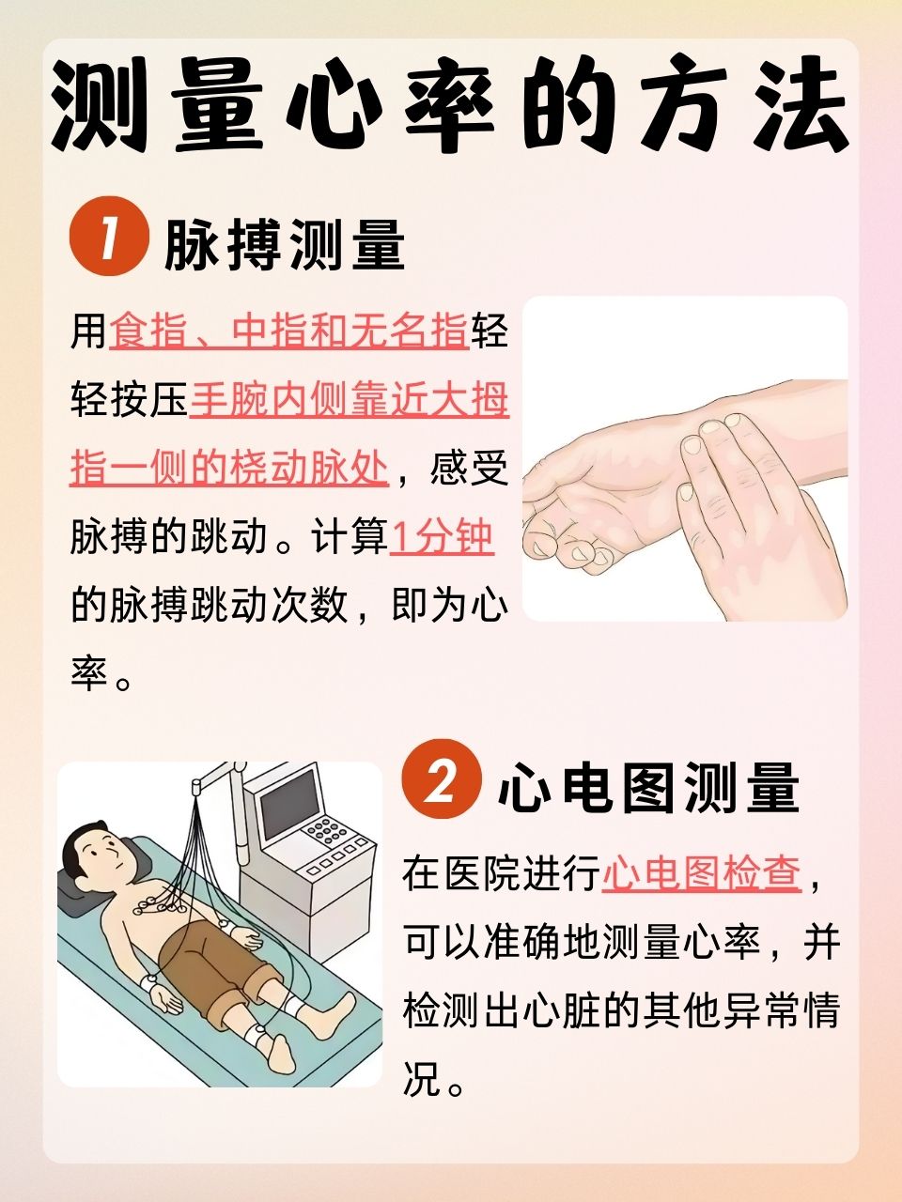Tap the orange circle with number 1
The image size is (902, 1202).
point(109,241)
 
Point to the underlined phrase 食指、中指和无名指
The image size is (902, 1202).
point(288,332)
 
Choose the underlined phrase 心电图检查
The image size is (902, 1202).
point(701,873)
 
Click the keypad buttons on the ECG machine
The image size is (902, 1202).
point(328,832)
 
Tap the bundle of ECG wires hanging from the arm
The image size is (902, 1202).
point(202,845)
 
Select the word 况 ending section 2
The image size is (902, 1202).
point(422,1080)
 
